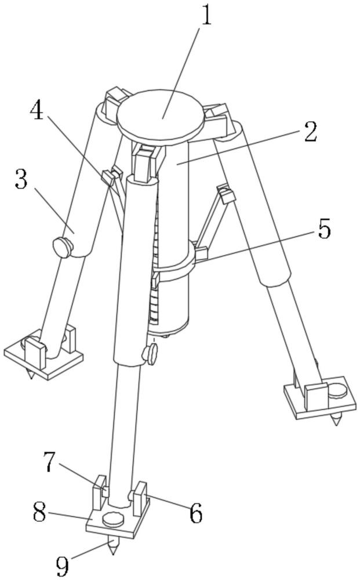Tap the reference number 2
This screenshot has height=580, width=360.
311,132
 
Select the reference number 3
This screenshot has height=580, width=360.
21,179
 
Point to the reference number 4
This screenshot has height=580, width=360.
37,110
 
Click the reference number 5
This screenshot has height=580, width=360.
324,229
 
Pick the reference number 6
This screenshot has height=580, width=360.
196,513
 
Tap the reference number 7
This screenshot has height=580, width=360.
50,462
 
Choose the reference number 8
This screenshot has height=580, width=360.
39,512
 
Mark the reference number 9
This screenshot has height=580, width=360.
62,565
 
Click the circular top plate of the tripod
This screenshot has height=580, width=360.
161,118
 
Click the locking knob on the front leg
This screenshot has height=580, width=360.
150,354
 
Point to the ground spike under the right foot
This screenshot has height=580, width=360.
336,419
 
